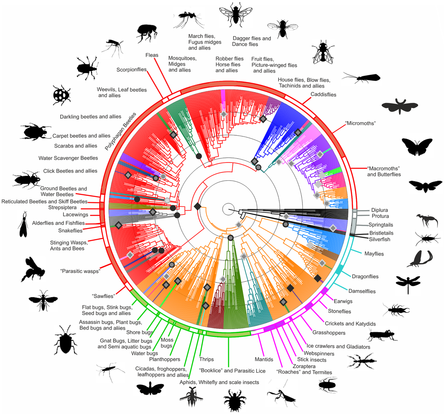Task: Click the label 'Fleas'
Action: pyautogui.click(x=152, y=55)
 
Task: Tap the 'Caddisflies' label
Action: pyautogui.click(x=323, y=94)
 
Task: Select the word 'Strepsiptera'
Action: pyautogui.click(x=62, y=207)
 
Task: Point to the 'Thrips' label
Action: pyautogui.click(x=206, y=359)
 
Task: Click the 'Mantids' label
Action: pyautogui.click(x=264, y=360)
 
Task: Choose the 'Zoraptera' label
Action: pyautogui.click(x=304, y=366)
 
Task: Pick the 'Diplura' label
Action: pyautogui.click(x=379, y=210)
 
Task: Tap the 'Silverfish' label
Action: pyautogui.click(x=379, y=239)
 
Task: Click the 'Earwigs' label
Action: pyautogui.click(x=343, y=301)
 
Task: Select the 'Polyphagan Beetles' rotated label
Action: pyautogui.click(x=120, y=131)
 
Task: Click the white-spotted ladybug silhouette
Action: pyautogui.click(x=62, y=95)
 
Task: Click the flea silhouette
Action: pyautogui.click(x=147, y=33)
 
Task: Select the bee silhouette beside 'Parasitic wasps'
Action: pyautogui.click(x=33, y=269)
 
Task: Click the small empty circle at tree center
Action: pyautogui.click(x=228, y=209)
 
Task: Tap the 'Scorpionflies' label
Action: pyautogui.click(x=131, y=70)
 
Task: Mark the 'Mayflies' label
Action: pyautogui.click(x=374, y=254)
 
